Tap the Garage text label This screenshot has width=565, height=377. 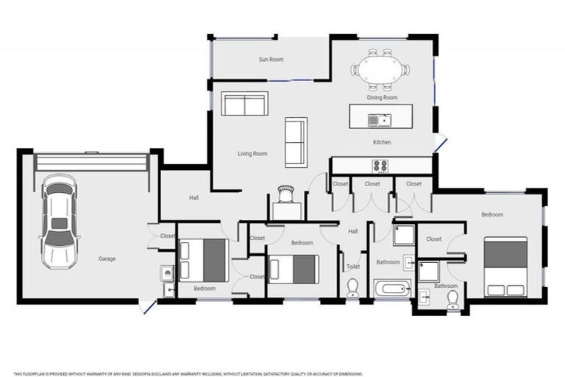click(107, 258)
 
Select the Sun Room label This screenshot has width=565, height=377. click(270, 59)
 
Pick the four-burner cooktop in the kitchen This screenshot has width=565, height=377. click(380, 165)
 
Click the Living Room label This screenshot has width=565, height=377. click(252, 154)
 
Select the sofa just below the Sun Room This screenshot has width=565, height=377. click(244, 105)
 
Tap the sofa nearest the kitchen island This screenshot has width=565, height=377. click(296, 141)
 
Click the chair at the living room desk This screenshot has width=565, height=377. click(285, 193)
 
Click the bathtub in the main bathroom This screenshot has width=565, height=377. click(391, 288)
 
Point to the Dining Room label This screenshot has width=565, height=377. click(382, 97)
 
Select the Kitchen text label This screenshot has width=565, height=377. click(382, 142)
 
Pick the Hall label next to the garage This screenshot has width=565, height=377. click(193, 197)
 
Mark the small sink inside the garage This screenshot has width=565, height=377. click(167, 274)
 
